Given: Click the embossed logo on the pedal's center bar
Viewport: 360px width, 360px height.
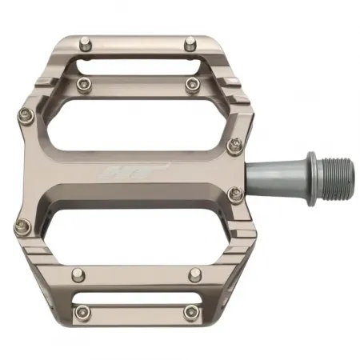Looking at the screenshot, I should [144, 170].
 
